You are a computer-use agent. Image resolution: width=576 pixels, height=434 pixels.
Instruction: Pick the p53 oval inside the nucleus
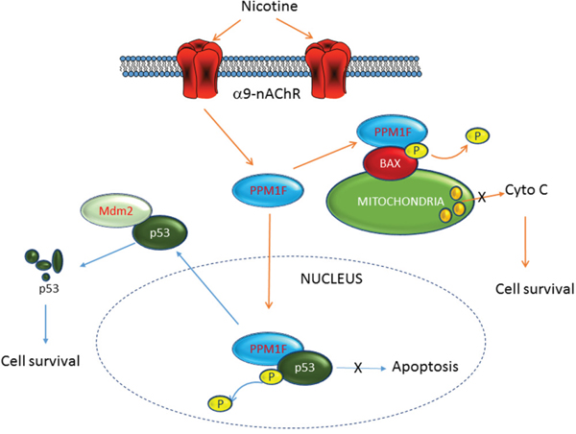pyautogui.click(x=306, y=367)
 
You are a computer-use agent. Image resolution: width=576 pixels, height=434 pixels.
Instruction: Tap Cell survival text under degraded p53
pyautogui.click(x=39, y=360)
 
